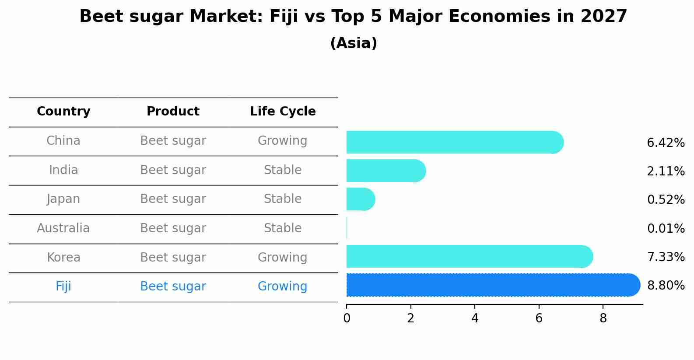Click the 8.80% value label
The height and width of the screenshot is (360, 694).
[666, 286]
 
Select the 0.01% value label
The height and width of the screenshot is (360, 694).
[666, 228]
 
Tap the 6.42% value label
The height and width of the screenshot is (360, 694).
[666, 143]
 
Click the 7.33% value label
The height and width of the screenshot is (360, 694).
[666, 257]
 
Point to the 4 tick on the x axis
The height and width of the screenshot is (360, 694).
[475, 318]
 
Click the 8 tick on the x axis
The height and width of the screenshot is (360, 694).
[603, 318]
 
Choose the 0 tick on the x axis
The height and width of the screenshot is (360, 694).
[347, 318]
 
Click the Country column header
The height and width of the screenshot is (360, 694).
[63, 112]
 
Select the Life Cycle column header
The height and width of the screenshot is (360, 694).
[283, 112]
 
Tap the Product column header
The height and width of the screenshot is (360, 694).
[173, 112]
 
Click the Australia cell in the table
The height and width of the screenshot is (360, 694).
[63, 228]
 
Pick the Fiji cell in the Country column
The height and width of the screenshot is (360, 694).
[63, 287]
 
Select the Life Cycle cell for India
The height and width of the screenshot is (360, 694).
[283, 170]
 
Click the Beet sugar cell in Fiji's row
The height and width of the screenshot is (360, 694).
[173, 287]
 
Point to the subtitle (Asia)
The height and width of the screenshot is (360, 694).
[354, 43]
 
